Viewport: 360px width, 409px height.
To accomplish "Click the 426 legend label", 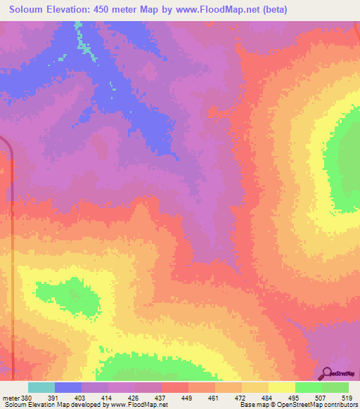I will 136,397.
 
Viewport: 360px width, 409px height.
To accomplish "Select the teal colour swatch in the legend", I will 41,387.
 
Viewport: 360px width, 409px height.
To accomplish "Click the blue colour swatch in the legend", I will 67,387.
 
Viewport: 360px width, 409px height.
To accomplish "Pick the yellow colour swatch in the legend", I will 281,387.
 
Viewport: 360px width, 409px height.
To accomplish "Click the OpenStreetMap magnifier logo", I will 326,373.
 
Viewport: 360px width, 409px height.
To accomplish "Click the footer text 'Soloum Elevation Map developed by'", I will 56,405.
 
